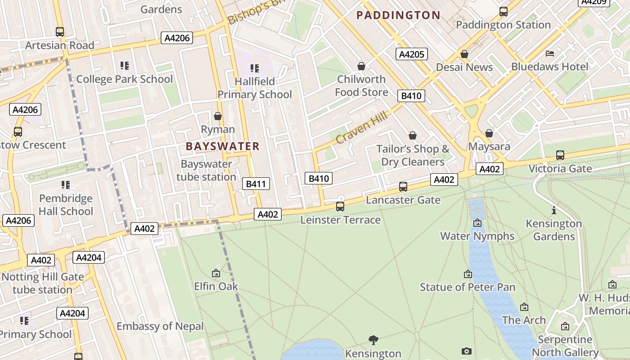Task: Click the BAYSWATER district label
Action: click(223, 146)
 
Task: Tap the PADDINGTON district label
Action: click(398, 15)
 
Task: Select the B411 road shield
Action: click(256, 184)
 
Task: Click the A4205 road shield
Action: click(412, 54)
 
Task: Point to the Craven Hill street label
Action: click(361, 128)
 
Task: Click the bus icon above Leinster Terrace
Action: click(340, 207)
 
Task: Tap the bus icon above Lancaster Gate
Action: click(403, 187)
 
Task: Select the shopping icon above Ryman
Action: click(218, 117)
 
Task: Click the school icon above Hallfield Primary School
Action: click(255, 68)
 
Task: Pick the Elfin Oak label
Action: click(216, 286)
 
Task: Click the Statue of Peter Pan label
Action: click(468, 287)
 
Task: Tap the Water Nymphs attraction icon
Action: click(477, 223)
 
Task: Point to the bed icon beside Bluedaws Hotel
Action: click(549, 54)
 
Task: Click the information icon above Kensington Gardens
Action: click(554, 210)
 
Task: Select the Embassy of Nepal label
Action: click(160, 326)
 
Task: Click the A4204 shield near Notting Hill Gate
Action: click(89, 257)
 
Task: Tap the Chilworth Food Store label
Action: click(361, 85)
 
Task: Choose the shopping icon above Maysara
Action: click(489, 134)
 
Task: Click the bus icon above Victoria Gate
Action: click(560, 155)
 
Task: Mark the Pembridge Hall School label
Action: click(66, 205)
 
